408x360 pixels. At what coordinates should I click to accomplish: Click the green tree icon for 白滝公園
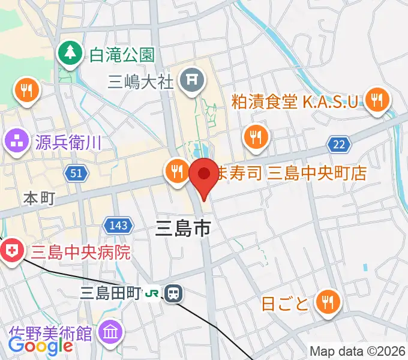pos(71,55)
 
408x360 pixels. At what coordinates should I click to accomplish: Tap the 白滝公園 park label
pos(122,55)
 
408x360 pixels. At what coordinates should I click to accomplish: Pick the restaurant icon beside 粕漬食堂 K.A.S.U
pos(377,100)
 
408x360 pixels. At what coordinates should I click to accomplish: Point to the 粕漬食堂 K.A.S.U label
pos(298,100)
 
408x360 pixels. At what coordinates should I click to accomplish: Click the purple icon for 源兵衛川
pos(16,142)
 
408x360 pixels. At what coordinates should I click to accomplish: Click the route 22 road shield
pos(339,143)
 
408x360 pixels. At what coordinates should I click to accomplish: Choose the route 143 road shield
pos(117,226)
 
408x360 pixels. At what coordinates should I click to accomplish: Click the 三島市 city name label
pos(182,229)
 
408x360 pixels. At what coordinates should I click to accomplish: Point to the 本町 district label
pos(39,198)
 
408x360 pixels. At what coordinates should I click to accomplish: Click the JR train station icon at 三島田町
pos(173,293)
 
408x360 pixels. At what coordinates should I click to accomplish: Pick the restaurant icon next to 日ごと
pos(328,301)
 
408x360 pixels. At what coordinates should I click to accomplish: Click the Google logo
pos(40,346)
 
